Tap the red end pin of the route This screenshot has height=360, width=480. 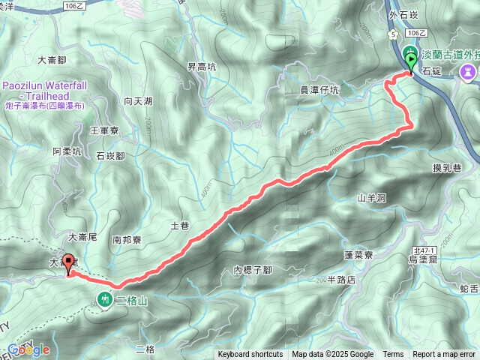[x=69, y=263]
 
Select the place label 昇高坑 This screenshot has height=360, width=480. [x=202, y=67]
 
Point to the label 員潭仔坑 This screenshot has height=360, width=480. [x=319, y=90]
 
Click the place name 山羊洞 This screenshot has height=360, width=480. [x=371, y=198]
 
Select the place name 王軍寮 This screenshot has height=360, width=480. [x=104, y=130]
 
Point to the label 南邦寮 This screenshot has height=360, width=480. [x=127, y=241]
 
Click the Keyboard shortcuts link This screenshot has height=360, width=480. [x=250, y=355]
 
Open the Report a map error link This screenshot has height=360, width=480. [x=444, y=355]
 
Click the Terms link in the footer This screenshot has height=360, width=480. [x=393, y=355]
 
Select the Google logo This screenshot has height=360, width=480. [x=28, y=349]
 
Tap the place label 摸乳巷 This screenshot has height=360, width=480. [x=446, y=168]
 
